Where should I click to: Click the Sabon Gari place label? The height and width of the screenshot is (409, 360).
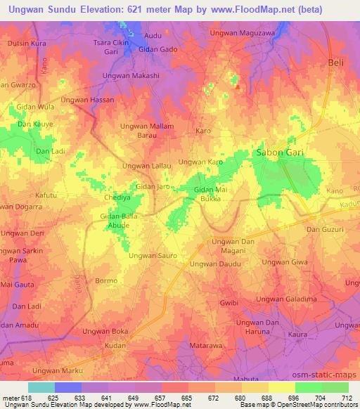(279, 152)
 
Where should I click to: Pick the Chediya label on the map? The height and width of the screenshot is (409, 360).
(117, 198)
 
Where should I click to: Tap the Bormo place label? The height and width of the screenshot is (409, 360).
(105, 280)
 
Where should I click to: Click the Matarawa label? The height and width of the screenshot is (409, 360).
(206, 346)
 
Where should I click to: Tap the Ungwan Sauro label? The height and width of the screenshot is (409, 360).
(152, 256)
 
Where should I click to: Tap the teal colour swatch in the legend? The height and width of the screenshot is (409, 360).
(41, 387)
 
